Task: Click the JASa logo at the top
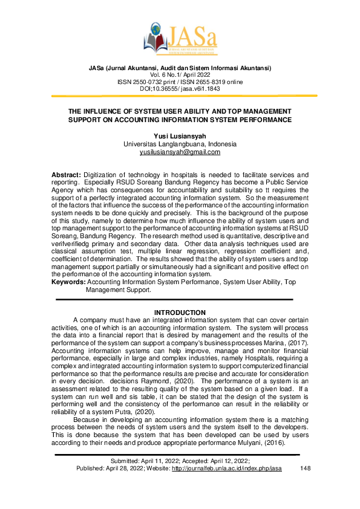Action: (180, 36)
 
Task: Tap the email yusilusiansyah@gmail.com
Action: (180, 152)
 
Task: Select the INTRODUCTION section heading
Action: (180, 312)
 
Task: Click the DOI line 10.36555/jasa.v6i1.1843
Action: (180, 88)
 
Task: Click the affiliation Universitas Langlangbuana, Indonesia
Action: (180, 144)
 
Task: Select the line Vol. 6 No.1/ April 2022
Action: (180, 74)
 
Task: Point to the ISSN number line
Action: (180, 82)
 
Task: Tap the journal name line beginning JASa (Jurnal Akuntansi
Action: (180, 68)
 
